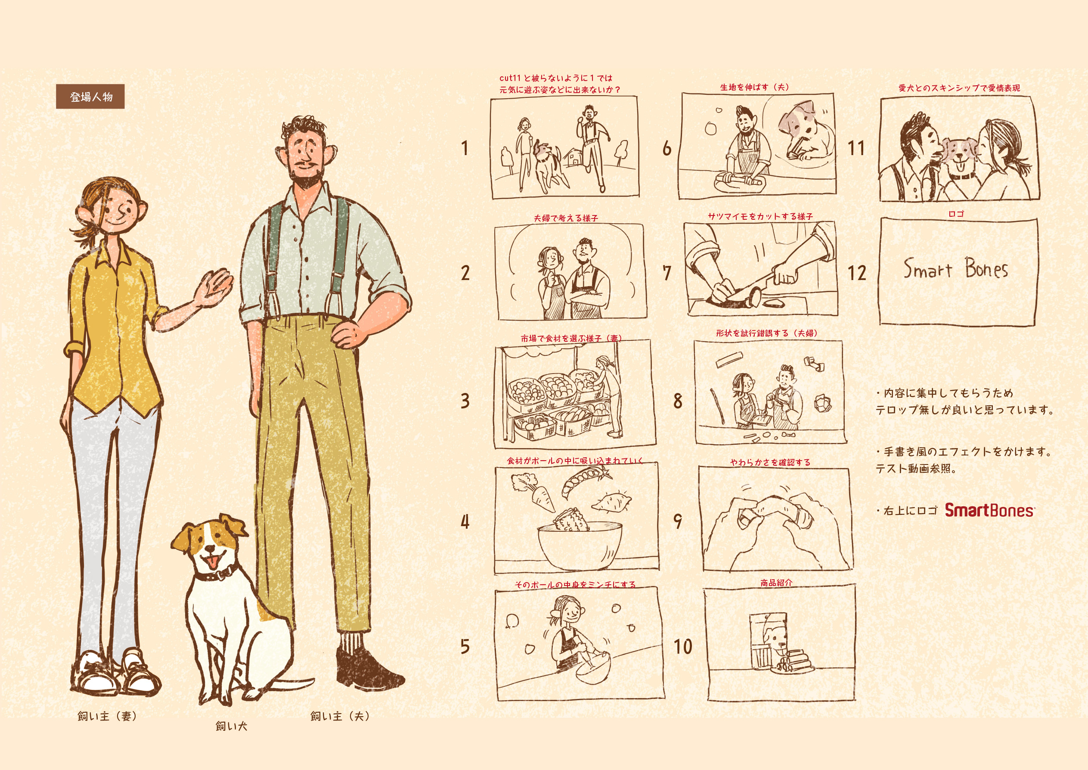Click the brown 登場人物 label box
[90, 97]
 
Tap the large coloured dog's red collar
[216, 573]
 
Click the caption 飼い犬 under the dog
[231, 726]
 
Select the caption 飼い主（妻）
[108, 716]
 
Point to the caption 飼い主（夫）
[340, 716]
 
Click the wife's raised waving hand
[216, 287]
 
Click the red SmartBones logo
[990, 510]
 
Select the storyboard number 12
[857, 273]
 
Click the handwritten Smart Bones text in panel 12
[955, 269]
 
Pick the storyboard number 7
[667, 273]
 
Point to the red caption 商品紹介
[776, 582]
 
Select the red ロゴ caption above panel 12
[956, 214]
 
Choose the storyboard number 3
[465, 401]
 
